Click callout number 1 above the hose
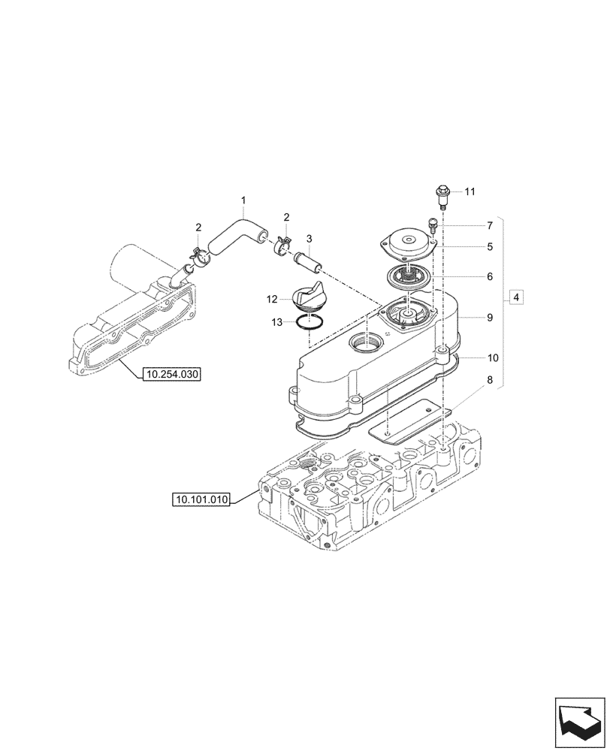tap(243, 200)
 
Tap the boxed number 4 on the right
tap(516, 298)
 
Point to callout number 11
tap(470, 192)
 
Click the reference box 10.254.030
tap(171, 372)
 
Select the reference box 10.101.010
tap(202, 499)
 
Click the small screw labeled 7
tap(432, 225)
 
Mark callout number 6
tap(489, 276)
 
